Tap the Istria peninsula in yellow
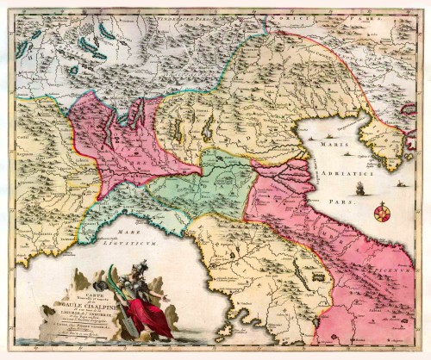point(379,146)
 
